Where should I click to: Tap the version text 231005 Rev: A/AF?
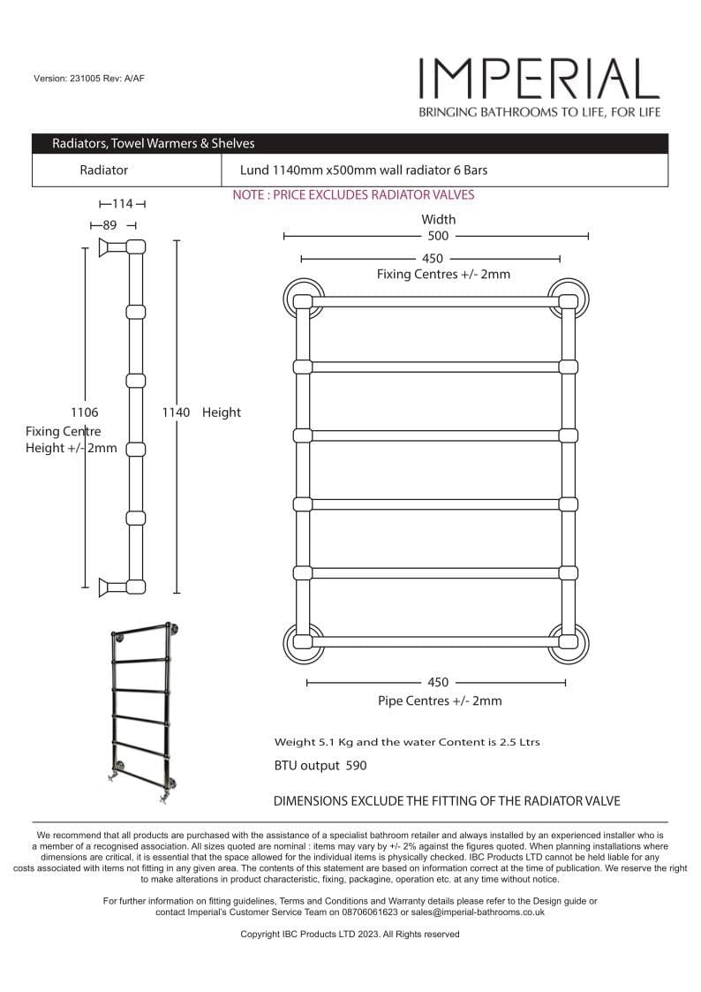pos(88,79)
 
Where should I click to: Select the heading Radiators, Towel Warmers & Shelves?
pos(153,143)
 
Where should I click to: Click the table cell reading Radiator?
pos(103,170)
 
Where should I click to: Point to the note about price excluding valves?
pos(353,195)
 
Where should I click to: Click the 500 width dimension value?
pos(438,236)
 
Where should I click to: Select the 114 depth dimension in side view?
pos(122,204)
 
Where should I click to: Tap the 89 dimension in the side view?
pos(109,225)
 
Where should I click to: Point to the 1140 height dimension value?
pos(176,413)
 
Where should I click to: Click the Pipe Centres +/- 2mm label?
pos(439,700)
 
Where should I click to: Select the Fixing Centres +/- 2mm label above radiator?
pos(443,274)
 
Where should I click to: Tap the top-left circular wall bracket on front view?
pos(304,298)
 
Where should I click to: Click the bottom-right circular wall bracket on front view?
pos(568,643)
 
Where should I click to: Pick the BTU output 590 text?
pos(320,766)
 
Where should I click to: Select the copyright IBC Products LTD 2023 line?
pos(350,934)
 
